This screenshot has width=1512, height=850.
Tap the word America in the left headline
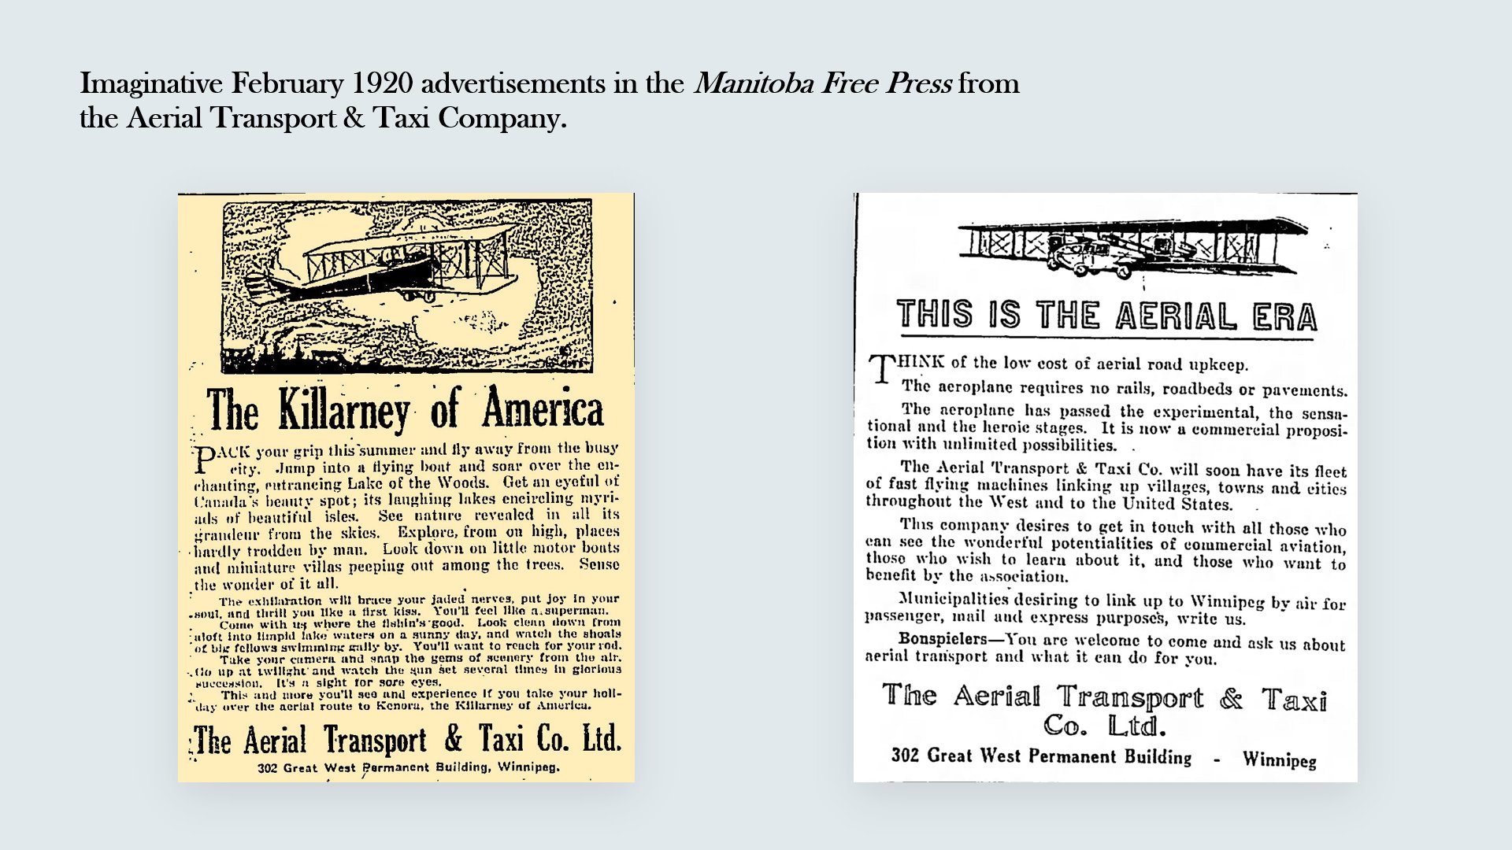543,409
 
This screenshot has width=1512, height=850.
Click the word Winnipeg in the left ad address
528,767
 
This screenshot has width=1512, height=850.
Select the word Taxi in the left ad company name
501,740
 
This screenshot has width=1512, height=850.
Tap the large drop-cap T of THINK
881,368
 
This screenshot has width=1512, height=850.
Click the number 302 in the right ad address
905,756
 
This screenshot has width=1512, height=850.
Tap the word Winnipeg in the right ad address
1279,759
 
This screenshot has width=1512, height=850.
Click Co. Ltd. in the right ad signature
1104,726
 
